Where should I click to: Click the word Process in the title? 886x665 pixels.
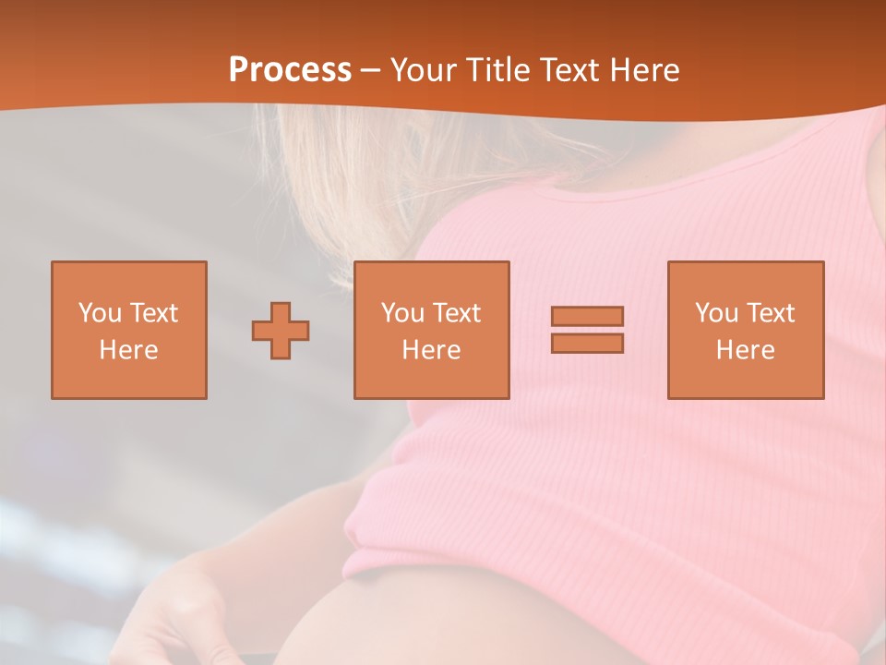(x=290, y=70)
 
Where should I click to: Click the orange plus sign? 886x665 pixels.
(x=281, y=331)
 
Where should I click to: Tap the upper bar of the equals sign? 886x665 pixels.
(x=587, y=316)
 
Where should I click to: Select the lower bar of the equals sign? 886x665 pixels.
(x=587, y=343)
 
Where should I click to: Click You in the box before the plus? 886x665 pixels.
(x=99, y=313)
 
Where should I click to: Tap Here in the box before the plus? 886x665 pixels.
(x=128, y=350)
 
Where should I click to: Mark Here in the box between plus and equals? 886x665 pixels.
(x=431, y=350)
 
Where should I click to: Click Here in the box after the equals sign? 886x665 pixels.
(x=745, y=350)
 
